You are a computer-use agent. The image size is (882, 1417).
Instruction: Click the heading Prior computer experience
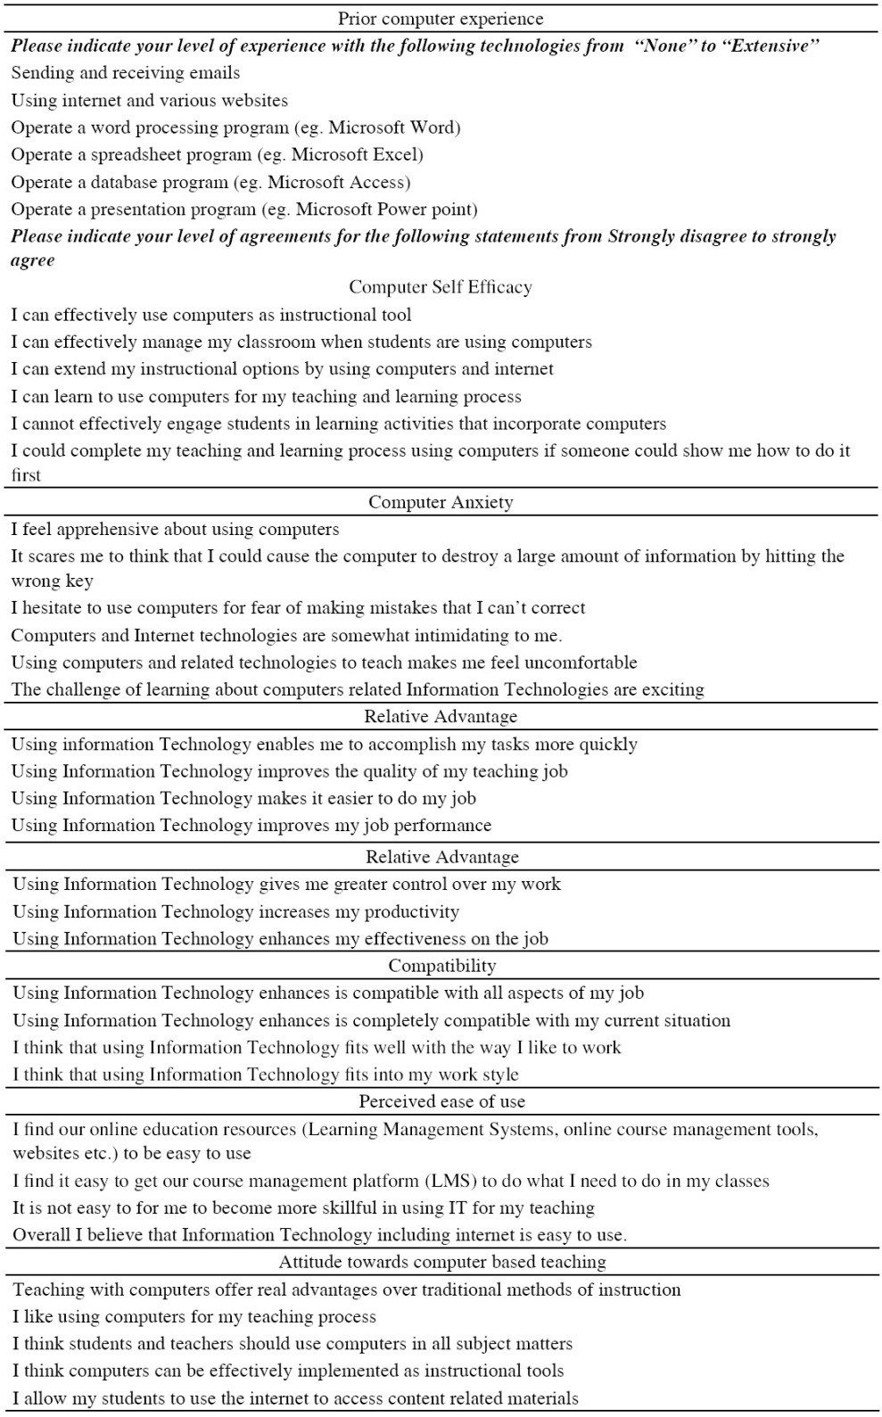point(441,19)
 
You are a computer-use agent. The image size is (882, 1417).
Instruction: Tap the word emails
point(215,73)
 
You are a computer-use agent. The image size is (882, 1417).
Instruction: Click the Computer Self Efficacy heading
point(441,287)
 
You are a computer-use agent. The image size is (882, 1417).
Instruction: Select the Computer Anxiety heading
point(441,503)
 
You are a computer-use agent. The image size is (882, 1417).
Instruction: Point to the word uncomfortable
point(582,663)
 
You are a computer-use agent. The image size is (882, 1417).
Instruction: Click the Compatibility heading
point(442,967)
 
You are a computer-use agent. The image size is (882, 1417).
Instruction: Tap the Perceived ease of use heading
point(442,1102)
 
